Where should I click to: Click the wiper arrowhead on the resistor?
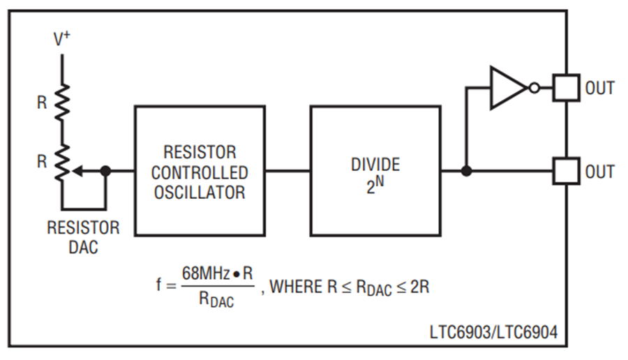pyautogui.click(x=77, y=170)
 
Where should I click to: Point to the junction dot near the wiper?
pyautogui.click(x=105, y=170)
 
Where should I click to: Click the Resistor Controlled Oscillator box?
pyautogui.click(x=199, y=170)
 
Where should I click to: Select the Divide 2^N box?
pyautogui.click(x=375, y=170)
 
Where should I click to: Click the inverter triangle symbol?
pyautogui.click(x=507, y=88)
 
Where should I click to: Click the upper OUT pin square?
pyautogui.click(x=566, y=88)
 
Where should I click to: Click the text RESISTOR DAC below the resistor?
pyautogui.click(x=83, y=237)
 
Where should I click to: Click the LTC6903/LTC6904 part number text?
pyautogui.click(x=493, y=333)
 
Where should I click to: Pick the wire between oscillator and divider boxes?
pyautogui.click(x=287, y=170)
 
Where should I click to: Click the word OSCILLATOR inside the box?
pyautogui.click(x=200, y=191)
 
